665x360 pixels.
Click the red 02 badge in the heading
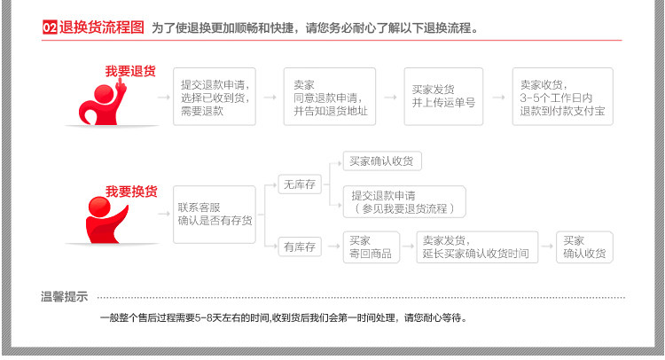point(51,27)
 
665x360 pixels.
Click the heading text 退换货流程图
point(102,27)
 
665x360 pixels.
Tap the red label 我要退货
point(130,71)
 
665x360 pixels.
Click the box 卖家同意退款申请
point(331,97)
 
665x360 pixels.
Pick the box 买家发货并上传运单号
point(443,96)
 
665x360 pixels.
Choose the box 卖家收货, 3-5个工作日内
point(561,97)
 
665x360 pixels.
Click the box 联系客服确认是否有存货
point(215,214)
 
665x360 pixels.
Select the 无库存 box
point(299,185)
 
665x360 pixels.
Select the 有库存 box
point(299,247)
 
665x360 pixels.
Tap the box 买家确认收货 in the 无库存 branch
point(382,161)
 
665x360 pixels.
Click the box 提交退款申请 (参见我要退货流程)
point(403,201)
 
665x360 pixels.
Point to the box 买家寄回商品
point(368,247)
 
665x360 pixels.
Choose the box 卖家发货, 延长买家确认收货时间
point(477,247)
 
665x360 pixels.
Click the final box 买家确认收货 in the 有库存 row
point(584,247)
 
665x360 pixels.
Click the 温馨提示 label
point(64,296)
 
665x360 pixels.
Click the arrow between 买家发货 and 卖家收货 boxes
point(497,97)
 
